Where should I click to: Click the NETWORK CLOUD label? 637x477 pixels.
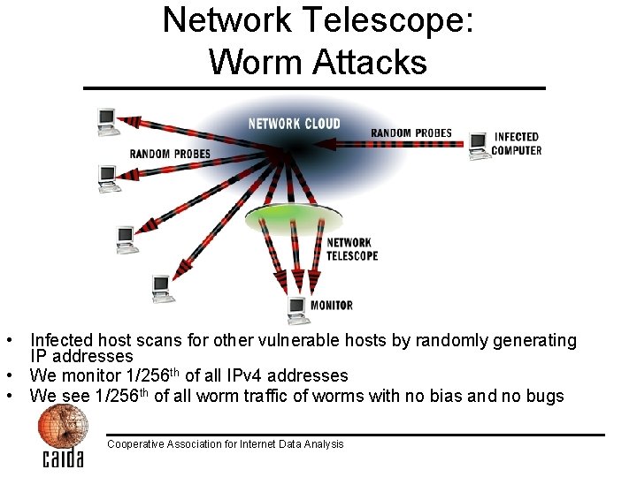point(294,124)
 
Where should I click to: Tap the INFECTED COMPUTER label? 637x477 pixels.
point(517,143)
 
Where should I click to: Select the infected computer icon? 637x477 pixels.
point(479,145)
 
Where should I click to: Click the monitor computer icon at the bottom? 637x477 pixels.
point(297,308)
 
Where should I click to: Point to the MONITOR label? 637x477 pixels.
point(332,306)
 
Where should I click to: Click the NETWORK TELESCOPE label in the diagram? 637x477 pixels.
point(352,249)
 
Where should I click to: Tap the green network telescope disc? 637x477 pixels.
point(293,217)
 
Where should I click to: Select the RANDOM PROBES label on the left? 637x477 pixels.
point(170,154)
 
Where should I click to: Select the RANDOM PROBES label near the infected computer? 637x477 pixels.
point(411,133)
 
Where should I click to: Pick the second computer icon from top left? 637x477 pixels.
point(110,178)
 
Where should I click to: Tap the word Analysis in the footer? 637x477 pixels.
point(324,443)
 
